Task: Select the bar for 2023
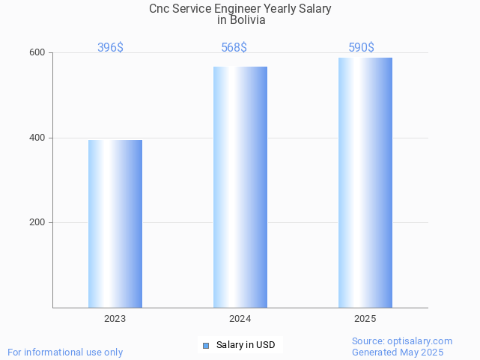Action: click(115, 224)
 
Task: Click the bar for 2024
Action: click(240, 187)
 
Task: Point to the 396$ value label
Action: click(110, 48)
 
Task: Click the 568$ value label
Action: click(234, 48)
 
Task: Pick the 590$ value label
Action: click(361, 48)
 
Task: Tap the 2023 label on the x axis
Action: click(115, 319)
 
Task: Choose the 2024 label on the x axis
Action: click(240, 319)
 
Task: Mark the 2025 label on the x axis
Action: click(365, 319)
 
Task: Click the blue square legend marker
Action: click(206, 345)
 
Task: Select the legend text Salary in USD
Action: click(246, 345)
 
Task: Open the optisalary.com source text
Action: click(402, 341)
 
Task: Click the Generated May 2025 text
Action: click(398, 352)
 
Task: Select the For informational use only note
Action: click(65, 352)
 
